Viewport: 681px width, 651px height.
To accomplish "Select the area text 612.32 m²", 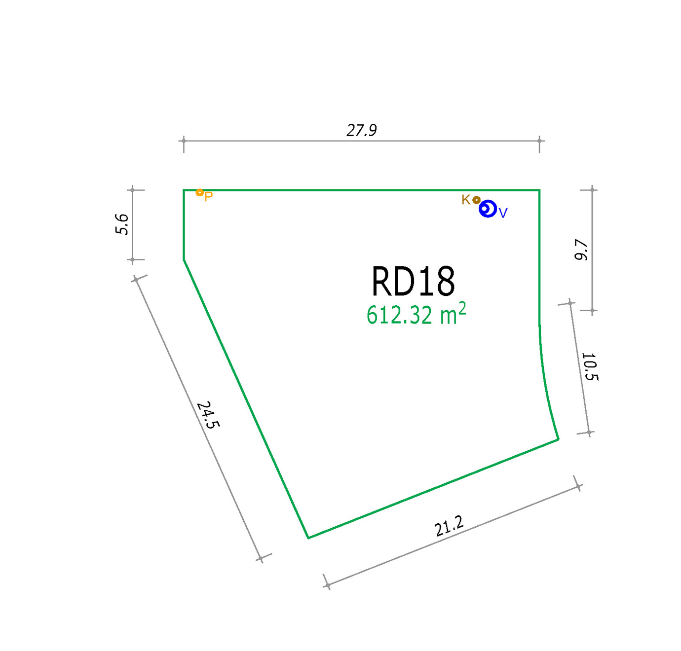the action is click(416, 314).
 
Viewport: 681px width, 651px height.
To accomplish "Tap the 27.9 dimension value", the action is click(362, 130).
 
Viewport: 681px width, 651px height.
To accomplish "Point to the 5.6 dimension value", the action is click(122, 224).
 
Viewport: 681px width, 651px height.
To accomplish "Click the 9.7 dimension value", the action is click(581, 250).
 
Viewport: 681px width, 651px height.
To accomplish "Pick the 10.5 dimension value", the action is click(590, 366).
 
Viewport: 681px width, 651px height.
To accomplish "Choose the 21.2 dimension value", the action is click(450, 526).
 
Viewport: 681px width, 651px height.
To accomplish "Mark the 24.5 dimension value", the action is click(208, 415).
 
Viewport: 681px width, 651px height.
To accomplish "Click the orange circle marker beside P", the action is click(199, 192).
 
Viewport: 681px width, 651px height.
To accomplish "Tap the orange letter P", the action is click(209, 197).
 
